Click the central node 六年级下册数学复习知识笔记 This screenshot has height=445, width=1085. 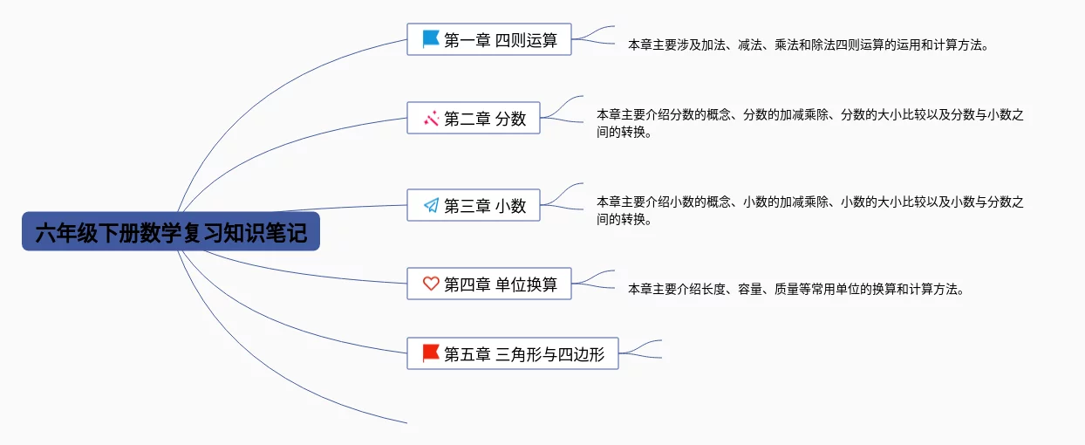pos(170,231)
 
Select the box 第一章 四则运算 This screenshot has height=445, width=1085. pos(489,39)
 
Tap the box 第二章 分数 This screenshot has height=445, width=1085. pos(474,118)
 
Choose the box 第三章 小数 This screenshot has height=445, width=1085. pos(474,205)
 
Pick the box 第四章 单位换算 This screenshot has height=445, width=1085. pos(489,284)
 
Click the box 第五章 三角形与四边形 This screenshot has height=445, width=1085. pos(513,353)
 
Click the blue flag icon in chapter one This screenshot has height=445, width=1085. pos(430,39)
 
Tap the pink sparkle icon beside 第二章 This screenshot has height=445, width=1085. pos(431,119)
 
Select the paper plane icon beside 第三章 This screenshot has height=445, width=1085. pos(431,206)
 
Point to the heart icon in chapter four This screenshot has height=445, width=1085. pos(431,284)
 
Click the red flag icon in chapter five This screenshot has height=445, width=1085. pos(430,353)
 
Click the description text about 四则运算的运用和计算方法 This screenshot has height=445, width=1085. pos(808,45)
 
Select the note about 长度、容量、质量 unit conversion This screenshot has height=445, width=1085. pos(795,290)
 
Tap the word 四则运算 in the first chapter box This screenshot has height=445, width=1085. pos(526,40)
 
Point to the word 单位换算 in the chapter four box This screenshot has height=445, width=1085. pos(526,284)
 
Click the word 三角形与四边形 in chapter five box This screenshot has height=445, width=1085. pos(549,354)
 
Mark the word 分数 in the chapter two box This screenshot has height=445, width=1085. pos(510,119)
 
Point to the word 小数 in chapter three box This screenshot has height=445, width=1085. pos(510,206)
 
